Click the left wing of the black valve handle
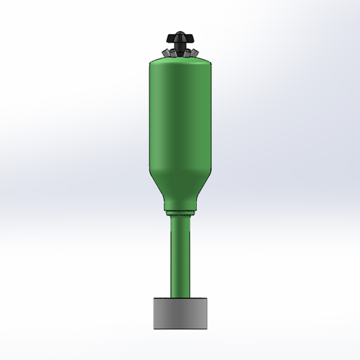pos(170,38)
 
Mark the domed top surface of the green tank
pos(180,61)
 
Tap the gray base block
pos(180,313)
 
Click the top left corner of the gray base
pos(153,299)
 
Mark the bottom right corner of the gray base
pos(207,327)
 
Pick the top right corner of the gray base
pos(207,299)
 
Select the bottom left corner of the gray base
pos(153,327)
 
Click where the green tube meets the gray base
pos(180,298)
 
